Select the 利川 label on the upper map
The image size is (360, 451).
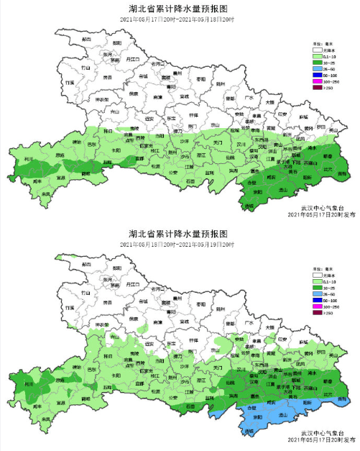29,159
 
